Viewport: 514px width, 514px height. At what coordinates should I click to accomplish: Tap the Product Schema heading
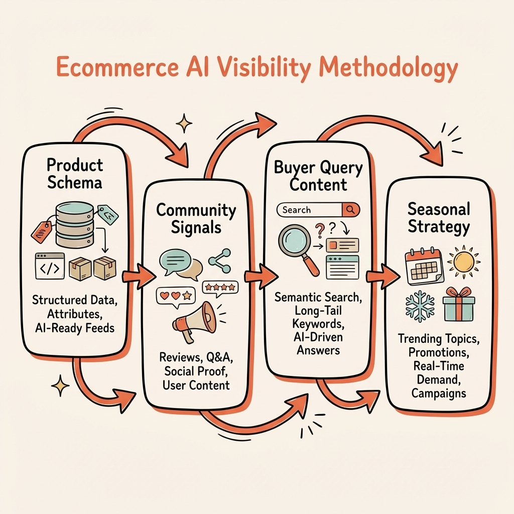coord(75,173)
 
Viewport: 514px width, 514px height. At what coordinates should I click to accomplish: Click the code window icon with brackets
coord(50,266)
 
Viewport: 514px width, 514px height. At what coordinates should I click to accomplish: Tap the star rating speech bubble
coord(220,288)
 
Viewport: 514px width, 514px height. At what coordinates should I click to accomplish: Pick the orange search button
coord(351,210)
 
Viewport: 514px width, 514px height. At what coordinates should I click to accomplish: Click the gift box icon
coord(459,304)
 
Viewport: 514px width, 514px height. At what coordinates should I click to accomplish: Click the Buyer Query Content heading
coord(318,176)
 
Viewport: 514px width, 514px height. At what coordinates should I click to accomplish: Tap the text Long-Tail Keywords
coord(318,316)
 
